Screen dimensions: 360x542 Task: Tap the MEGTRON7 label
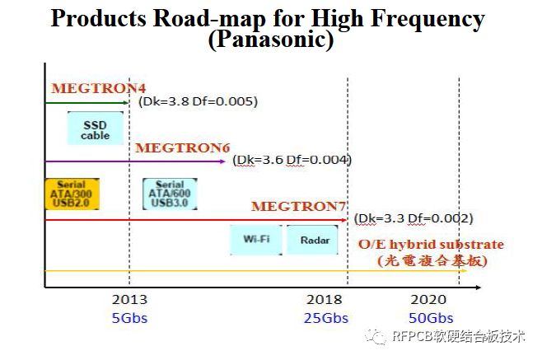(x=298, y=206)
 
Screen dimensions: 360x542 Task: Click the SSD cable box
(x=95, y=129)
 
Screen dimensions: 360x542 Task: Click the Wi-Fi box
(x=256, y=239)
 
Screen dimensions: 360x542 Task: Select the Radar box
(x=315, y=239)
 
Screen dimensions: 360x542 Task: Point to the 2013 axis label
(x=129, y=300)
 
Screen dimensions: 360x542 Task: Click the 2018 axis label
(x=324, y=300)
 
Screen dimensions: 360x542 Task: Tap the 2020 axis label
(x=430, y=300)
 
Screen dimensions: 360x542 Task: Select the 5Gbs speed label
(x=129, y=318)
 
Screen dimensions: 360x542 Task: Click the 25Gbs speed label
(x=324, y=318)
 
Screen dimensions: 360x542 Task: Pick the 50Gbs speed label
(x=430, y=318)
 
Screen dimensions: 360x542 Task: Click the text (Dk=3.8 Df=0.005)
(x=198, y=102)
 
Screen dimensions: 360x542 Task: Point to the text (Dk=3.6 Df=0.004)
(x=292, y=159)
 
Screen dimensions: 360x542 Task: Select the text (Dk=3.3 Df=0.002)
(x=413, y=218)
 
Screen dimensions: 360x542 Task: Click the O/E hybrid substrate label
(x=431, y=245)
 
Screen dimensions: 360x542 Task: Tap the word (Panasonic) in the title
(x=271, y=40)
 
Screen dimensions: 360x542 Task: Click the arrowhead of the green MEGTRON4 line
(x=126, y=103)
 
